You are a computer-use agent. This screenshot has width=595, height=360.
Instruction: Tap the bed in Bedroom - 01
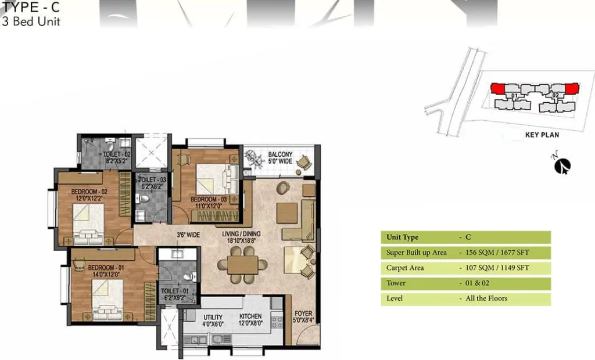point(107,300)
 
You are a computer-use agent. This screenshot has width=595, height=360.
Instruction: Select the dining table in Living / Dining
point(243,265)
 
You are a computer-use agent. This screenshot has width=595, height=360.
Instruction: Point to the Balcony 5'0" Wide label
point(280,158)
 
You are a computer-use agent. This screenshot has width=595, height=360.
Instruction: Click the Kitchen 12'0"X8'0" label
point(250,320)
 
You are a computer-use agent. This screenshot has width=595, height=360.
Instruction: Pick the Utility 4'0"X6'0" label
point(213,321)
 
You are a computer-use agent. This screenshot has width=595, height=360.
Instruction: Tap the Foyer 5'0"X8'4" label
point(303,317)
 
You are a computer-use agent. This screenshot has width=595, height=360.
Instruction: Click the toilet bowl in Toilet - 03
point(143,199)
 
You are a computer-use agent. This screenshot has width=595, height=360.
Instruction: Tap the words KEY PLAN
point(542,135)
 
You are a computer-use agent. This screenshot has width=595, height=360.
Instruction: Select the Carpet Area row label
point(405,268)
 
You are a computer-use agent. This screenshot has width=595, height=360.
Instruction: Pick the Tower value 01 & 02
point(477,283)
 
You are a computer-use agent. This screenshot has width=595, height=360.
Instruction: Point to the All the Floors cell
point(486,298)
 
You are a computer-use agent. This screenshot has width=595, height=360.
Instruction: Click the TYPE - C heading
point(30,7)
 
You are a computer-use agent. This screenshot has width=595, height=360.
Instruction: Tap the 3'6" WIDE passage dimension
point(188,235)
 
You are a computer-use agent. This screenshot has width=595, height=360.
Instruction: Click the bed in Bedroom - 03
point(217,179)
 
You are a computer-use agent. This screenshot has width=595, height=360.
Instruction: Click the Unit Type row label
point(402,237)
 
